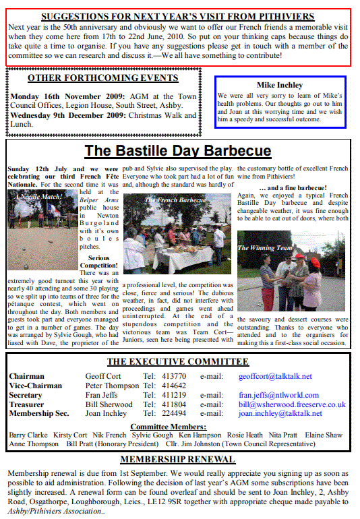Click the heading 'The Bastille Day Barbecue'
tap(178, 150)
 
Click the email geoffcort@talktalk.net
tap(276, 376)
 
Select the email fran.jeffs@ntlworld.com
tap(280, 395)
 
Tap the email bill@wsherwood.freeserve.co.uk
tap(292, 404)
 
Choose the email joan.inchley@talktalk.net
tap(280, 414)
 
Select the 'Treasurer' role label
tap(27, 404)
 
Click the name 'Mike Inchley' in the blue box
tap(280, 85)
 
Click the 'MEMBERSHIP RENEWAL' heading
tap(177, 460)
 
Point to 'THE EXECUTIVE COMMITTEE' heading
tap(178, 362)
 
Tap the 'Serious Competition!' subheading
tap(98, 262)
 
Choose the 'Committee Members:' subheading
tap(168, 427)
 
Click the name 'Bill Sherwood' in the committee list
tap(109, 404)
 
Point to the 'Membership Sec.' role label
tap(39, 414)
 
